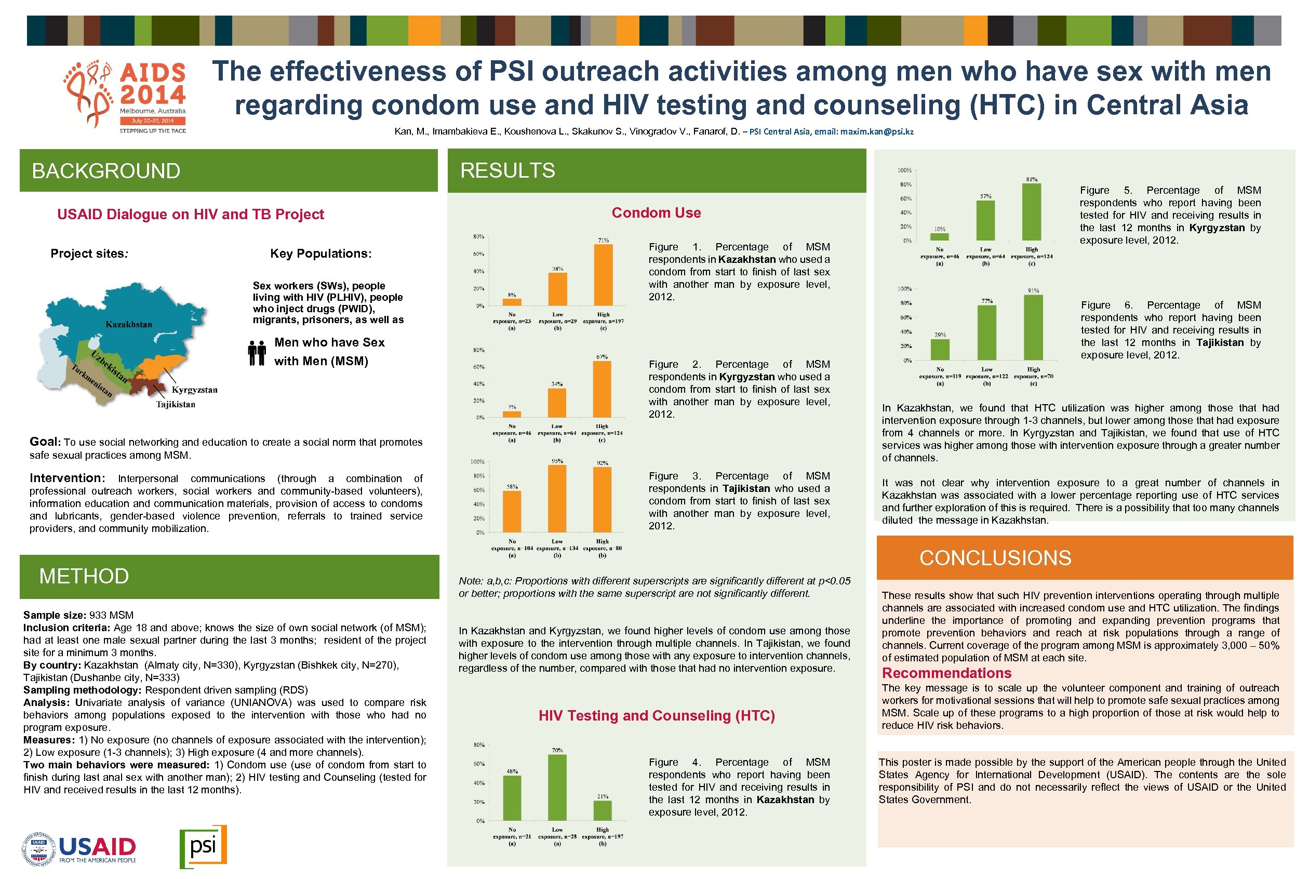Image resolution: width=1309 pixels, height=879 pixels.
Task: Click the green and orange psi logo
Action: click(x=203, y=846)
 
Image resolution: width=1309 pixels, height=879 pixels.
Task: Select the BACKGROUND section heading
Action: click(x=106, y=171)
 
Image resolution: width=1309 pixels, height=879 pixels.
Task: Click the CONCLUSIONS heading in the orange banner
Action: click(x=995, y=558)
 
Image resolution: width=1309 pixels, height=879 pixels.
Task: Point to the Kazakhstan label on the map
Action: click(x=129, y=324)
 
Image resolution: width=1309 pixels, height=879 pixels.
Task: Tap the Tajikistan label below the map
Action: click(x=176, y=404)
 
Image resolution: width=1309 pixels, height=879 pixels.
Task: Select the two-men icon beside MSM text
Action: click(x=257, y=353)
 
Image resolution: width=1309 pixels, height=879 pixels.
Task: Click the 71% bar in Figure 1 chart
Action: click(x=603, y=275)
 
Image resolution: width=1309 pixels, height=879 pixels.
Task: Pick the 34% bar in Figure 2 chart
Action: click(x=556, y=403)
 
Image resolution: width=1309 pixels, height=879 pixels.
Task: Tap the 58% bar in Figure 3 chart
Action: click(x=512, y=511)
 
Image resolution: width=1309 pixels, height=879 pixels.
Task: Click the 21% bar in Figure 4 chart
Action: click(x=603, y=810)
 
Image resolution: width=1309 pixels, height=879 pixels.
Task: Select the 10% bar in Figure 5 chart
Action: click(x=939, y=236)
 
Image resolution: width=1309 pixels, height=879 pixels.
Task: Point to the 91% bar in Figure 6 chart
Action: click(x=1033, y=327)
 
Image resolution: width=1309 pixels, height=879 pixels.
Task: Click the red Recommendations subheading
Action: click(x=946, y=673)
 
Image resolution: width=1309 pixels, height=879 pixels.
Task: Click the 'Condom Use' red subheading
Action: click(x=656, y=213)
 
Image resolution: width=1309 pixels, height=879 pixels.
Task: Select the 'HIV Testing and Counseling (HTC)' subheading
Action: click(x=656, y=716)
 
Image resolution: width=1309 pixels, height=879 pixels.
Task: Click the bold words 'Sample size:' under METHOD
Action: click(x=55, y=616)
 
